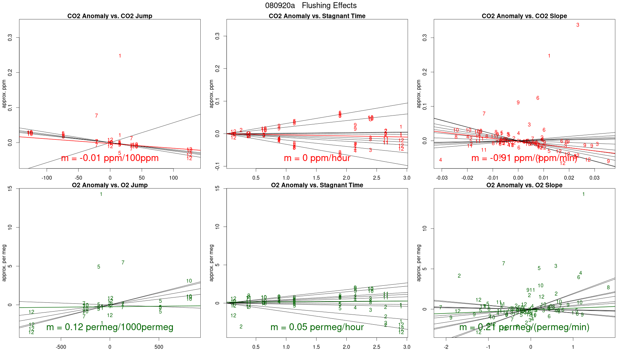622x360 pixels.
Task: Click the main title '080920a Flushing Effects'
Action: tap(311, 6)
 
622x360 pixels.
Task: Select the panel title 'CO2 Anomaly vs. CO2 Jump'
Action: tap(110, 16)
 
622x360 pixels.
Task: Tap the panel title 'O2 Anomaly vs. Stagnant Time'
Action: tap(317, 185)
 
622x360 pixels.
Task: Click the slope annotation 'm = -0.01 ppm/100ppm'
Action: tap(110, 158)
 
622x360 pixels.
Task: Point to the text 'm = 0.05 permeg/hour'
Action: tap(317, 327)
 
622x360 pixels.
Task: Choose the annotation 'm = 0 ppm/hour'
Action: tap(317, 158)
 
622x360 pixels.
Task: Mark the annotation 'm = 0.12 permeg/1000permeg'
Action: tap(110, 327)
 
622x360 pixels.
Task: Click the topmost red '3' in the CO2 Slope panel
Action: tap(577, 25)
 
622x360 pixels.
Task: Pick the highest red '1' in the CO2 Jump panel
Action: tap(120, 56)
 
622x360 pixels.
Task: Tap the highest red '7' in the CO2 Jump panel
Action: tap(96, 116)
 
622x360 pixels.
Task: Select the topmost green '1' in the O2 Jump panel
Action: tap(101, 194)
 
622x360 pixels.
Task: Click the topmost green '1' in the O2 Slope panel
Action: tap(583, 194)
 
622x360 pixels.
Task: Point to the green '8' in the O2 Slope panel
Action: tap(608, 288)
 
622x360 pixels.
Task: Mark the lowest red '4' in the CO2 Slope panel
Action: tap(440, 160)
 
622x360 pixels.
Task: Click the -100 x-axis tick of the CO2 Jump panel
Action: tap(46, 178)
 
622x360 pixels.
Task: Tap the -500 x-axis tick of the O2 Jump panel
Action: tap(61, 347)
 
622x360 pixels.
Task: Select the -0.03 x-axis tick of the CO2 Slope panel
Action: tap(442, 178)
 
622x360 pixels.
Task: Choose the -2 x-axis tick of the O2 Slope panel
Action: tap(446, 347)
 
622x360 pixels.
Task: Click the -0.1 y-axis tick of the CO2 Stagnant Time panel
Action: tap(217, 167)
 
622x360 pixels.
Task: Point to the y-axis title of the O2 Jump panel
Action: tap(4, 263)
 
